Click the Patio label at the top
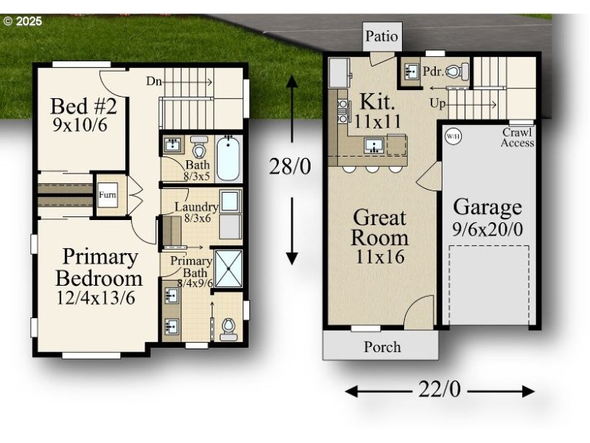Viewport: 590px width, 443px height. point(381,35)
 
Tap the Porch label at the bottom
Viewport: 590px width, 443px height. point(383,346)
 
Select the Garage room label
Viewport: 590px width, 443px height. point(487,206)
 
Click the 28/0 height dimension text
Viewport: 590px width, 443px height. point(291,166)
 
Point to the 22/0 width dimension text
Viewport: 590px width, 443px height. point(439,390)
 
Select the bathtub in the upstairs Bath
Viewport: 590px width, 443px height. point(229,158)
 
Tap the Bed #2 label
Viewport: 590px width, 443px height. point(83,107)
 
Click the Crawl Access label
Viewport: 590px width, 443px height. point(517,137)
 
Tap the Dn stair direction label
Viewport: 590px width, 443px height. point(153,80)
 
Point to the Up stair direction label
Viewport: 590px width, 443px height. point(437,104)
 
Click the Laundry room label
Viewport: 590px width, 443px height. point(195,207)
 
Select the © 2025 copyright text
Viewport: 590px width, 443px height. point(24,21)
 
